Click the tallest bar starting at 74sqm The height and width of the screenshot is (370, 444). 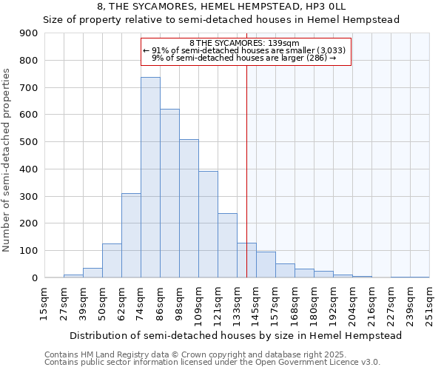tap(150, 178)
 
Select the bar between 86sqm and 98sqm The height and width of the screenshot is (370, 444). tap(169, 193)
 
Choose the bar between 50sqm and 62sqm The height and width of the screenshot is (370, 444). tap(112, 260)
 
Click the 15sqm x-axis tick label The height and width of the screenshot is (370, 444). tap(44, 304)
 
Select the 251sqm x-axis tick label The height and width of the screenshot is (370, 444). tap(428, 304)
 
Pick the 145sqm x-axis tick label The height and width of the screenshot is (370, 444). tap(255, 304)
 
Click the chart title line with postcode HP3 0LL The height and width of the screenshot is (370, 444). tap(222, 6)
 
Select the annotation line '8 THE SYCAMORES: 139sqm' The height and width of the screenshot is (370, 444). tap(244, 44)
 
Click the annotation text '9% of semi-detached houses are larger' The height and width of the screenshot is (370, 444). tap(244, 57)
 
